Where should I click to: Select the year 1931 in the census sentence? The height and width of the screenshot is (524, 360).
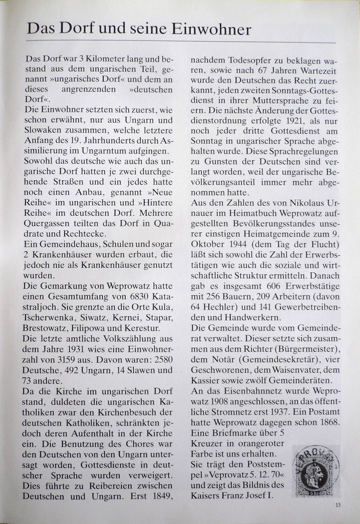[68, 349]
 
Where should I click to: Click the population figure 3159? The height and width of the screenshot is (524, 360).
[66, 360]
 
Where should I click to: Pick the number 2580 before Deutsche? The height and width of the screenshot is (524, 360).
[161, 360]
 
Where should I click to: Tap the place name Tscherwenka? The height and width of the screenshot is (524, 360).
[48, 318]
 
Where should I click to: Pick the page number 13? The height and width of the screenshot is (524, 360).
[338, 505]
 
